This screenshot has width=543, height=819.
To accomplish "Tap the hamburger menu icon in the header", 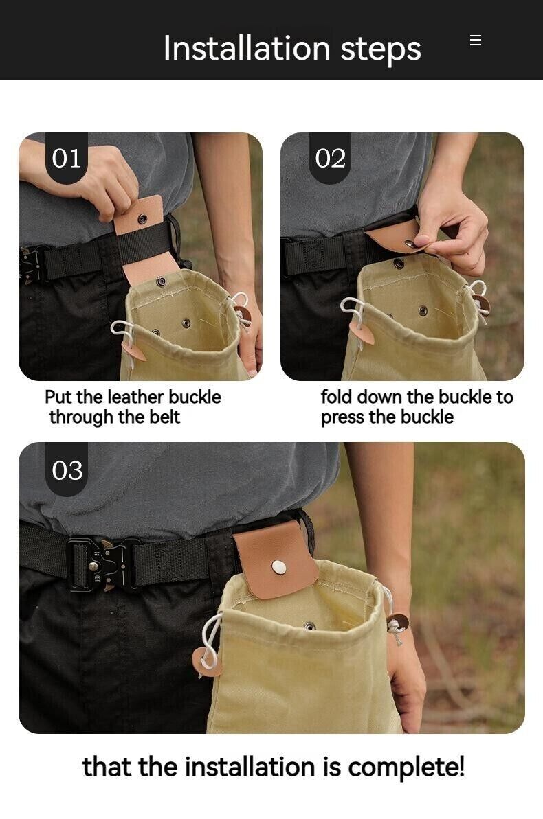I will click(x=476, y=41).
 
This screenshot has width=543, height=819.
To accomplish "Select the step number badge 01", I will click(x=67, y=159).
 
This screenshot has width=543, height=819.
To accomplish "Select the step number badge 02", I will click(x=330, y=159).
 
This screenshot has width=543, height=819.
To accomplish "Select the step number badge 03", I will click(x=67, y=470).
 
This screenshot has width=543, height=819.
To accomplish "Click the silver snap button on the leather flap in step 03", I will click(x=279, y=566).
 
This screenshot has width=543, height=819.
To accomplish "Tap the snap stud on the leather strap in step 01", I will click(x=144, y=219).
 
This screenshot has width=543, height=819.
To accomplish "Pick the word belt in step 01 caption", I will click(x=164, y=417).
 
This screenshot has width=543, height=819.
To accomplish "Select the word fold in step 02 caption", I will click(x=335, y=397).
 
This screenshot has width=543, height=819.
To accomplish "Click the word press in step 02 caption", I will click(x=342, y=417).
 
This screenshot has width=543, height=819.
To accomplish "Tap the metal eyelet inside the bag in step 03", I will click(x=309, y=626).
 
